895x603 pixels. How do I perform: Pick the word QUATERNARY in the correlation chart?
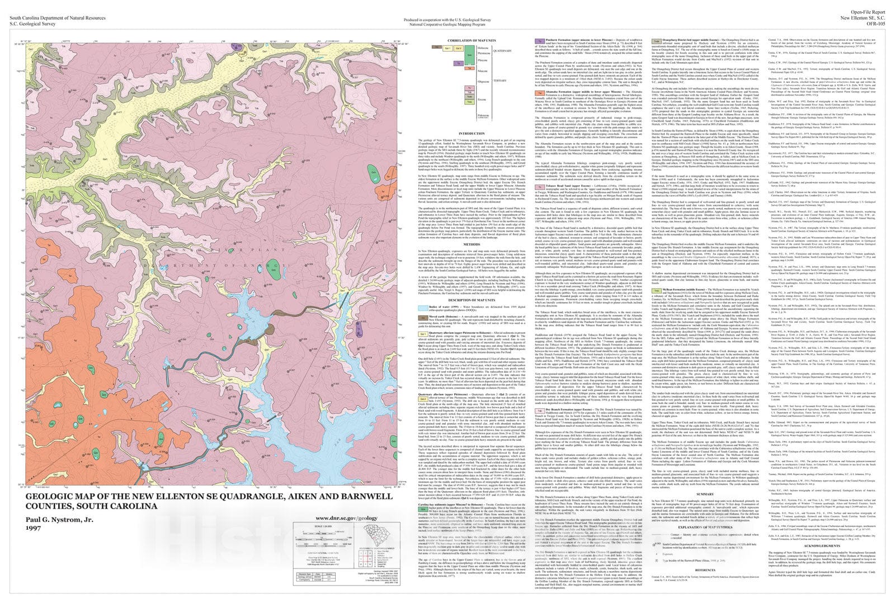click(x=501, y=51)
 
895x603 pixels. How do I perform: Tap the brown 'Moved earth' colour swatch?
click(x=425, y=317)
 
